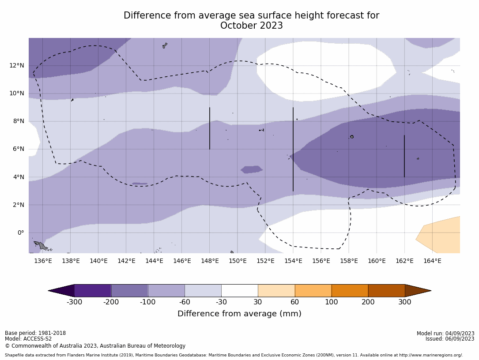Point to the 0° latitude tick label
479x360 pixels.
click(x=21, y=232)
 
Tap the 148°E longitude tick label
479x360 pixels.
click(x=210, y=261)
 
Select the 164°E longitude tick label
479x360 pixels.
click(x=432, y=261)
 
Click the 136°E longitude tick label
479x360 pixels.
click(x=43, y=261)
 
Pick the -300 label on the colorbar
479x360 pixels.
click(x=74, y=302)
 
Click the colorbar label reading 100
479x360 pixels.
click(x=331, y=302)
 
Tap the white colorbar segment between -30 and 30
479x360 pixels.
click(x=239, y=291)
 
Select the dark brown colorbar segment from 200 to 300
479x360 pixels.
click(x=386, y=291)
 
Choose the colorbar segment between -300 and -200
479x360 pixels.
click(x=93, y=291)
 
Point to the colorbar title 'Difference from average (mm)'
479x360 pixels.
click(x=239, y=314)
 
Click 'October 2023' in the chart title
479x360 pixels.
click(x=251, y=26)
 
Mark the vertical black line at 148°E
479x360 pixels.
click(x=210, y=128)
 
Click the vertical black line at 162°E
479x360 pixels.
click(x=404, y=156)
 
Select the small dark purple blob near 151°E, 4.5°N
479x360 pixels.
click(x=252, y=169)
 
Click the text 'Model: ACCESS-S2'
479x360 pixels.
click(x=28, y=339)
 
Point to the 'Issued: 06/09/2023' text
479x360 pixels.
click(x=449, y=339)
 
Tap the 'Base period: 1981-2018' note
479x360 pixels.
click(x=35, y=333)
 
